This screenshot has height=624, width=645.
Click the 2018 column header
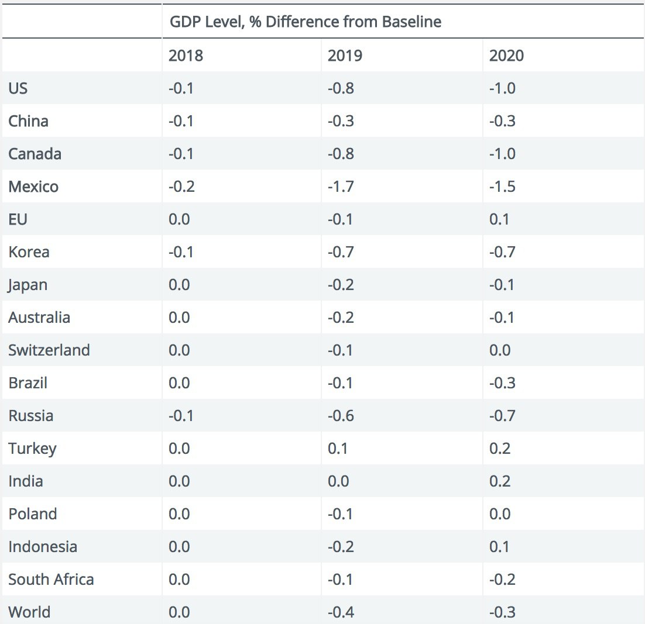click(x=186, y=56)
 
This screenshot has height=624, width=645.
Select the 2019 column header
click(x=345, y=56)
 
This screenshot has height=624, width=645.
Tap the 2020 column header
click(x=506, y=56)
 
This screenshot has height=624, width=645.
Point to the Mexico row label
click(x=33, y=187)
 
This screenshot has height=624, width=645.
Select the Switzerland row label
click(x=49, y=350)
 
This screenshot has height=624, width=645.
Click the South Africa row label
click(x=51, y=580)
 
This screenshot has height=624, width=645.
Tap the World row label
click(x=29, y=612)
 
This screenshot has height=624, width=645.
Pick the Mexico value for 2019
click(x=341, y=187)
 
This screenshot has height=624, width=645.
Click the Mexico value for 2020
click(x=502, y=187)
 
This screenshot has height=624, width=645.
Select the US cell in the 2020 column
click(x=502, y=89)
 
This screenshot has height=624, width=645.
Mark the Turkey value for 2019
click(x=338, y=449)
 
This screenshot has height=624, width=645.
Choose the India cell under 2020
click(x=500, y=481)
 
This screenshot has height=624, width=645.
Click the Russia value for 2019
click(x=341, y=416)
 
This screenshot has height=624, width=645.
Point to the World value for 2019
click(x=341, y=612)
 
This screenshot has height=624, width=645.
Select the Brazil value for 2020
click(x=502, y=383)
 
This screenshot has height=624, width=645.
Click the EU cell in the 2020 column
click(x=499, y=219)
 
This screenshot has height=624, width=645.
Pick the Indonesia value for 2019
click(x=341, y=547)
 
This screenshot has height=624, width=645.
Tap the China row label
click(x=28, y=122)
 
